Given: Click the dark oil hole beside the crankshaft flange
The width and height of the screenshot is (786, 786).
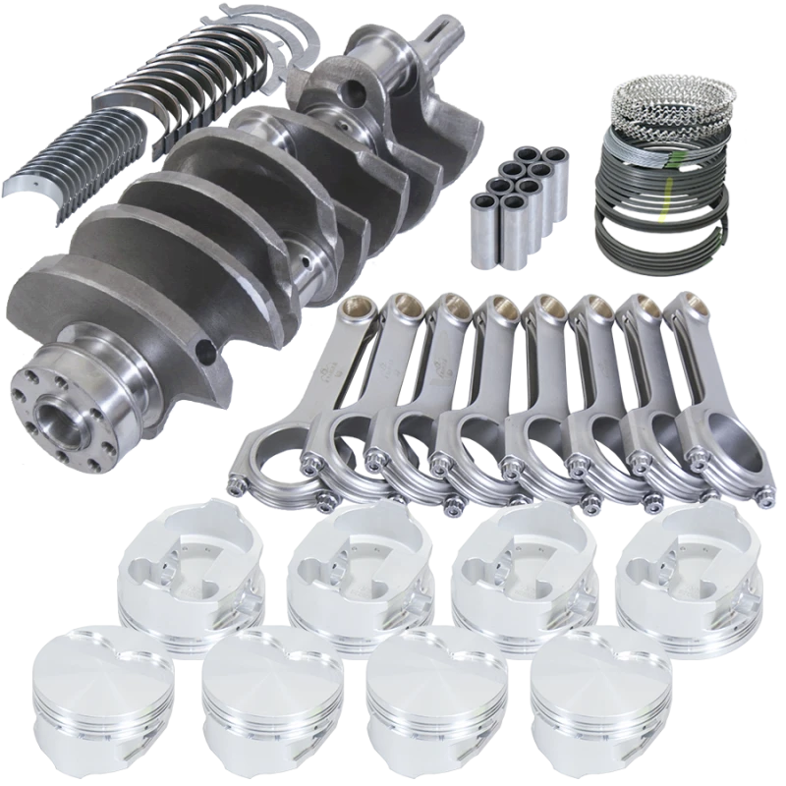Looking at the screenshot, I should pyautogui.click(x=202, y=350).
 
